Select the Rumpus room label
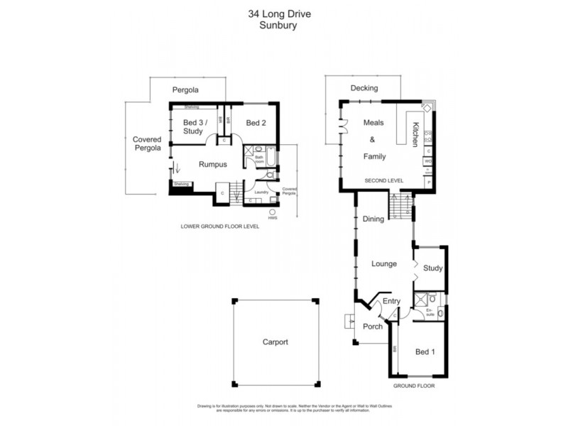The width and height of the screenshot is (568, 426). [x=212, y=164]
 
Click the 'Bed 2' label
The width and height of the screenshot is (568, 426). [x=256, y=123]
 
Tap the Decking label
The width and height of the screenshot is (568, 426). [x=364, y=88]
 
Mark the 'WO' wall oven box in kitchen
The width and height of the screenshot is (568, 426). [x=427, y=161]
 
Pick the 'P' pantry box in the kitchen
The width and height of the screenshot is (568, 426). [x=428, y=182]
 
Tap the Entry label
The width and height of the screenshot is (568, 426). [x=390, y=301]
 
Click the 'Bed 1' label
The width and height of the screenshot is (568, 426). [x=424, y=352]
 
